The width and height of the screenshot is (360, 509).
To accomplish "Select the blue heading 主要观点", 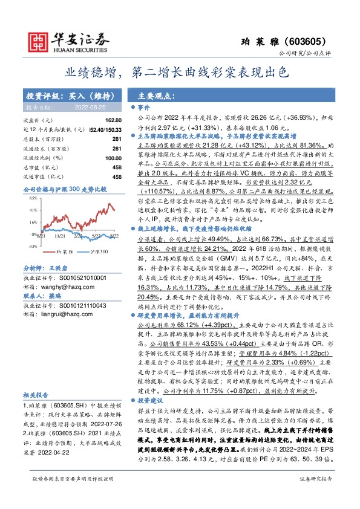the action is point(152,96).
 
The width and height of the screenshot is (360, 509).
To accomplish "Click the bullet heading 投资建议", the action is point(149,401).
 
